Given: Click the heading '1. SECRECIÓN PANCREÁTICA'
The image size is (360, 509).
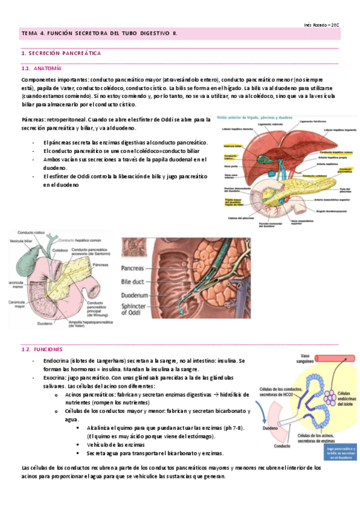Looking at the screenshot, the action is (x=61, y=54).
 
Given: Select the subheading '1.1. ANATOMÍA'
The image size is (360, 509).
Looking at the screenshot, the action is (x=40, y=68).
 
